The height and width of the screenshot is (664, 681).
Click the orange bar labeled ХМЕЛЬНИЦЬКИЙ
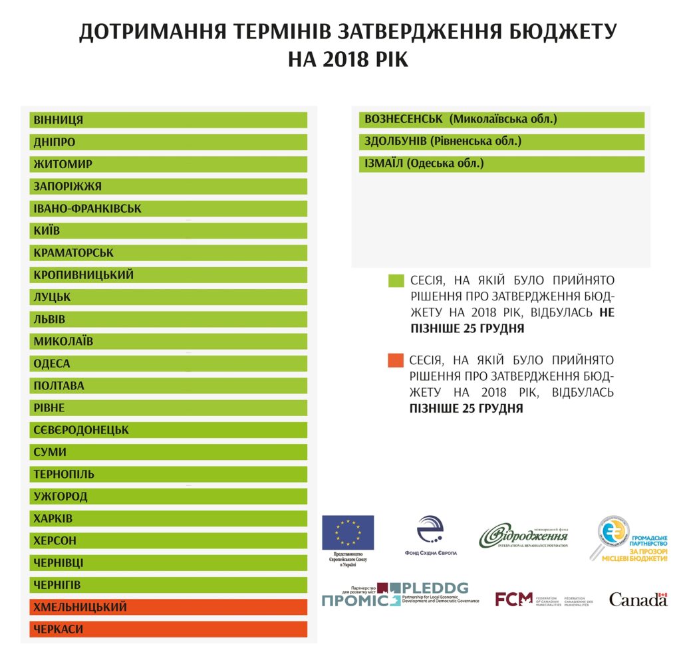tap(168, 607)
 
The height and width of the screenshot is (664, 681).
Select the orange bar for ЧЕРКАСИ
tap(168, 629)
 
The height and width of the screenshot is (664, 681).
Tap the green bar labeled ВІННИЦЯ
tap(168, 120)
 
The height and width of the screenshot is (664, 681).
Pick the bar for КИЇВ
tap(168, 231)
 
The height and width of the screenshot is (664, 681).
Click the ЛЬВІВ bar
tap(168, 319)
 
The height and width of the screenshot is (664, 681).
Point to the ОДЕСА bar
tap(168, 364)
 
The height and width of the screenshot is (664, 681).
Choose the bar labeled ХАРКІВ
tap(168, 518)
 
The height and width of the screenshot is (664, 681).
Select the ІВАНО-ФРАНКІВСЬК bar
tap(168, 209)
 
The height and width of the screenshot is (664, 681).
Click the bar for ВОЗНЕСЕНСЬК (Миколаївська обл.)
tap(502, 120)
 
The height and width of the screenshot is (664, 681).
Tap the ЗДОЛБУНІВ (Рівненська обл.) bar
tap(502, 142)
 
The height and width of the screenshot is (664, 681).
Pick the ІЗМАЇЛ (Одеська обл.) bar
tap(502, 164)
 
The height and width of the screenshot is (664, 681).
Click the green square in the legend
tap(396, 280)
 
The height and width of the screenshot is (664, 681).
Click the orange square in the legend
tap(396, 360)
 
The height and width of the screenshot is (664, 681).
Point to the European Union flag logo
tap(348, 532)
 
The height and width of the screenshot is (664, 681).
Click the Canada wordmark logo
tap(638, 600)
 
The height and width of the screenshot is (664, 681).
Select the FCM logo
tap(514, 600)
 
